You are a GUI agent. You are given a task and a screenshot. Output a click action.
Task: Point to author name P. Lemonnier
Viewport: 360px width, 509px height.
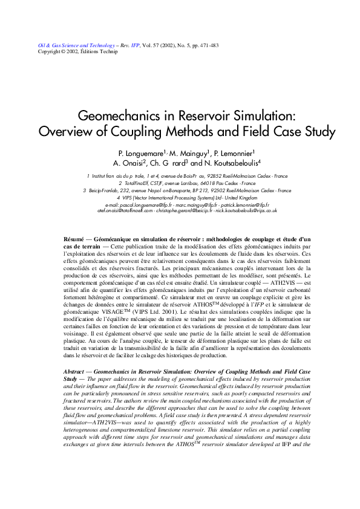tap(233, 154)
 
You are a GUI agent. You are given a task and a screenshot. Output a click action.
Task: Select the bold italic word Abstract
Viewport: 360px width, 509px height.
tap(76, 369)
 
